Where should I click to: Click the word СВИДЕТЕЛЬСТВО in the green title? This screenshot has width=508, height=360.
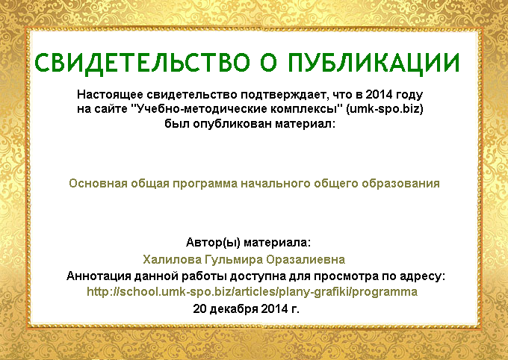click(142, 63)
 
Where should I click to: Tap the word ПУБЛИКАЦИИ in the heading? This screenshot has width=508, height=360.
click(374, 63)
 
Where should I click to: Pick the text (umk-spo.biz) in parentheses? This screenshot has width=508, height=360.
click(385, 109)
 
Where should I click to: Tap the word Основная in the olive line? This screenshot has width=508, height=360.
click(98, 184)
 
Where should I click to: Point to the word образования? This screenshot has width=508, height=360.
click(400, 184)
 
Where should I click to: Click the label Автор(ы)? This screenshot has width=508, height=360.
click(213, 243)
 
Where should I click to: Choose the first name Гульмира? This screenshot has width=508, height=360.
click(234, 260)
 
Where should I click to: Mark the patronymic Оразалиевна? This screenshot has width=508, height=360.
click(306, 260)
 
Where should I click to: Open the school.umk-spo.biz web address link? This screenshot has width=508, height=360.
click(252, 292)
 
